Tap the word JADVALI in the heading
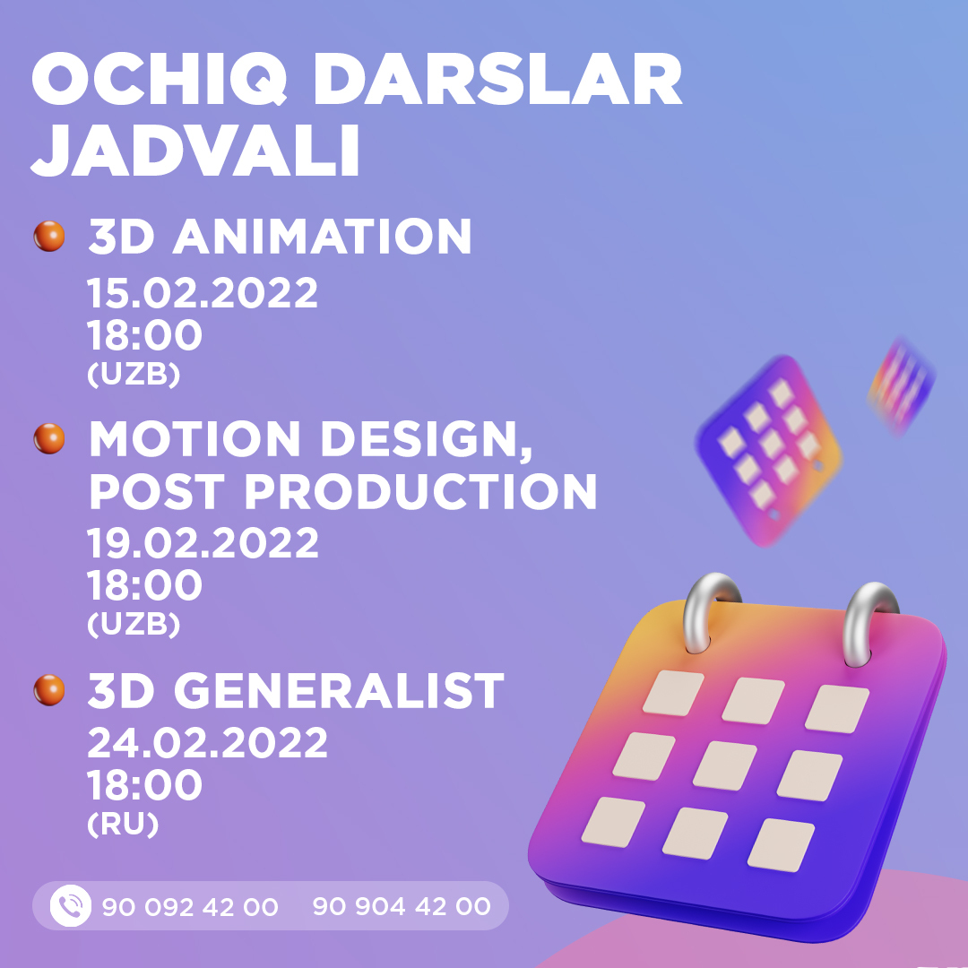click(196, 153)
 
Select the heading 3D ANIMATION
click(279, 237)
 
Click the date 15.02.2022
click(202, 294)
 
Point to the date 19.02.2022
click(203, 543)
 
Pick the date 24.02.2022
click(207, 743)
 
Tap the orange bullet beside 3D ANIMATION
click(49, 237)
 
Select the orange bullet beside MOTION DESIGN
click(49, 438)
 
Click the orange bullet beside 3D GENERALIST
click(49, 689)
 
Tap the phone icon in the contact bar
click(70, 906)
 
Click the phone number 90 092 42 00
click(190, 907)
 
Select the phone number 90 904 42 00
click(401, 906)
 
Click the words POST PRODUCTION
click(342, 491)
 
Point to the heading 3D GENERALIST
click(296, 690)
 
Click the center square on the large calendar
click(724, 765)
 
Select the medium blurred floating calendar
click(771, 448)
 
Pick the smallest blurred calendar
click(901, 384)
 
